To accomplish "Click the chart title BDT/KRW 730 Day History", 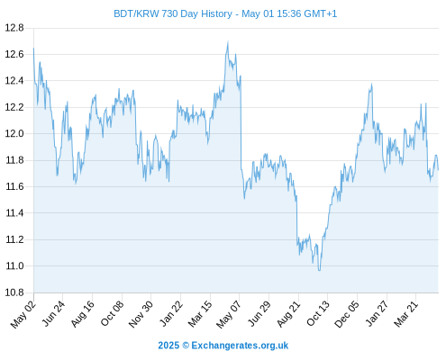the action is pos(173,13).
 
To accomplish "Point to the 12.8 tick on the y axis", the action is pos(14,28).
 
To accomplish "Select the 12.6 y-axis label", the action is pos(14,54).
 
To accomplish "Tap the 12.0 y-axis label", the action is pos(14,133).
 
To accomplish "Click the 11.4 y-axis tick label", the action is pos(15,213).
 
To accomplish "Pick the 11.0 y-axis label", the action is pos(15,265).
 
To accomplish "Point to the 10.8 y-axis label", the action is pos(14,292).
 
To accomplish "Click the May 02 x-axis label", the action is pos(23,314).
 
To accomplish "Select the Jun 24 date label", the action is pos(53,313).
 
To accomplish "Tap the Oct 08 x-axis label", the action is pos(112,313).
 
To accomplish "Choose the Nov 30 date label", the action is pos(141,314).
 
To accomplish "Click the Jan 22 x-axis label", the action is pos(171,313).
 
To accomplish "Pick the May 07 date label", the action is pos(229,314).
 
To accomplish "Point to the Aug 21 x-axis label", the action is pos(288,313).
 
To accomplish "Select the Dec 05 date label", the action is pos(347,314).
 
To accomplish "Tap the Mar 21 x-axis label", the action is pos(406,313).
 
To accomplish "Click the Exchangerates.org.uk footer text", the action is pos(240,346).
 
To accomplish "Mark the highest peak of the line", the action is pos(228,41).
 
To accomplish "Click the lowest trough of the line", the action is pos(319,271).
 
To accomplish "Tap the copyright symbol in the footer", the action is pos(186,346).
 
